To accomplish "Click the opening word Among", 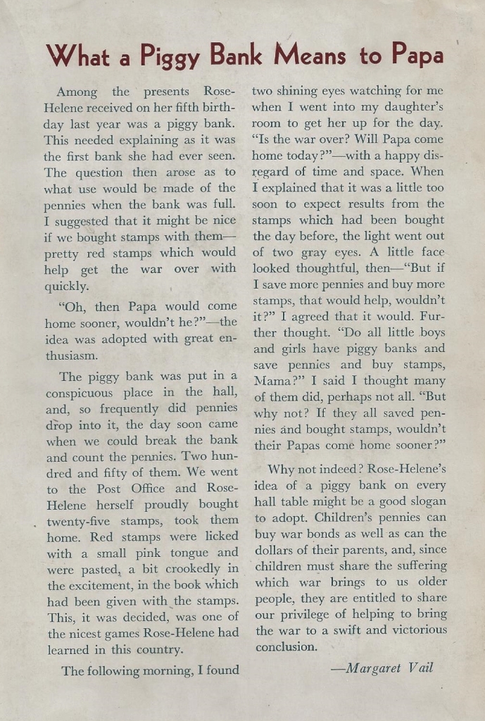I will pos(77,92).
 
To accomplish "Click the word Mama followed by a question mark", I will pos(272,381).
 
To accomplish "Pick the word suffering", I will pos(415,565).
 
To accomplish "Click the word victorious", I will pos(413,630).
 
